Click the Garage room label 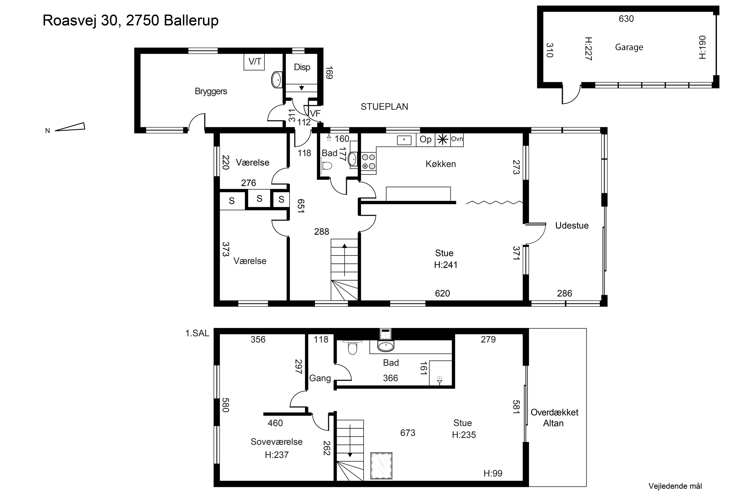[x=629, y=47]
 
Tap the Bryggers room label [x=211, y=92]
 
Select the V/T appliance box [x=254, y=62]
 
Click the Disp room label [x=302, y=67]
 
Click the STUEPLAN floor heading [x=384, y=107]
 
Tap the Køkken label [x=441, y=164]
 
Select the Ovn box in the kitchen [x=457, y=140]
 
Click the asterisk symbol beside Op [x=443, y=140]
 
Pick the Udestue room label [x=572, y=226]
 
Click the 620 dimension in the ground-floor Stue [x=442, y=294]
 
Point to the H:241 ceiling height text [x=446, y=265]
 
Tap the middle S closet [x=259, y=199]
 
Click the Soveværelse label [x=276, y=442]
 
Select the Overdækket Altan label [x=554, y=418]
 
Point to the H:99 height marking [x=493, y=473]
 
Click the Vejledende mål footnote [x=675, y=486]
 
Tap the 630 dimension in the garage [x=626, y=19]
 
